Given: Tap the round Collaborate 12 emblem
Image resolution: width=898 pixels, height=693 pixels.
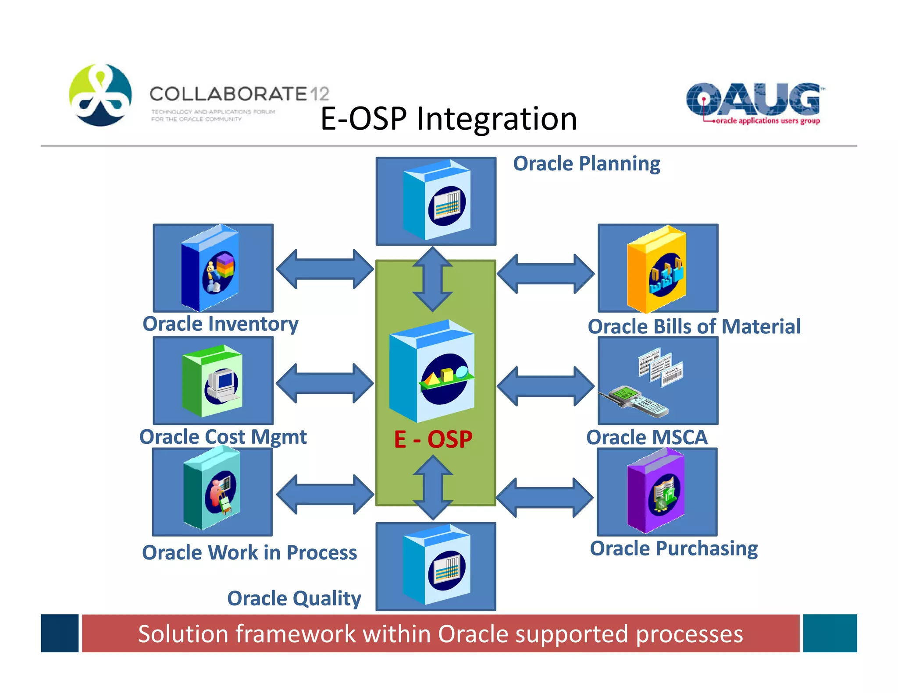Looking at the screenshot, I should pos(100,95).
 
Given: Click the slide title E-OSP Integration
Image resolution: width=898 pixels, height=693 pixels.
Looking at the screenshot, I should pos(449,119).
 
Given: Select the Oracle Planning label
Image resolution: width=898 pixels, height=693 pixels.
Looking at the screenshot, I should pos(586,164).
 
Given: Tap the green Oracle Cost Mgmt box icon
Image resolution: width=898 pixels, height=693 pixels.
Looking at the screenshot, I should pos(213,381).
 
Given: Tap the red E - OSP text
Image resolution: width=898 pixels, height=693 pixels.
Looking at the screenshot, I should pos(433,439).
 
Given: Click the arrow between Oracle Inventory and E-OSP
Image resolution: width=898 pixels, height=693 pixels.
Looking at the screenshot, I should pos(324,269).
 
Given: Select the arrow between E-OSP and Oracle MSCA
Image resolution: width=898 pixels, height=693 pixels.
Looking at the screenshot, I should pos(545,386).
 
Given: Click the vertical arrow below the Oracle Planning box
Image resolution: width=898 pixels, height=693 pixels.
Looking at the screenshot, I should pos(433,279).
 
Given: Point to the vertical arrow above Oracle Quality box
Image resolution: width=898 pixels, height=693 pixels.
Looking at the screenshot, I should pos(433,487).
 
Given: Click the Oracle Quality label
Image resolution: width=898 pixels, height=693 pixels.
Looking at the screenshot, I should pos(294,598).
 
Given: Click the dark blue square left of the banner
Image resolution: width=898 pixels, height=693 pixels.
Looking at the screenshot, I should pos(60,633).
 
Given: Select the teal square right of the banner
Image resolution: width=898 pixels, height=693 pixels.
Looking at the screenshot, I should pos(830,633).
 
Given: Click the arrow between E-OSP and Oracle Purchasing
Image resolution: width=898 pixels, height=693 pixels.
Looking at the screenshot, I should pos(545,498).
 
